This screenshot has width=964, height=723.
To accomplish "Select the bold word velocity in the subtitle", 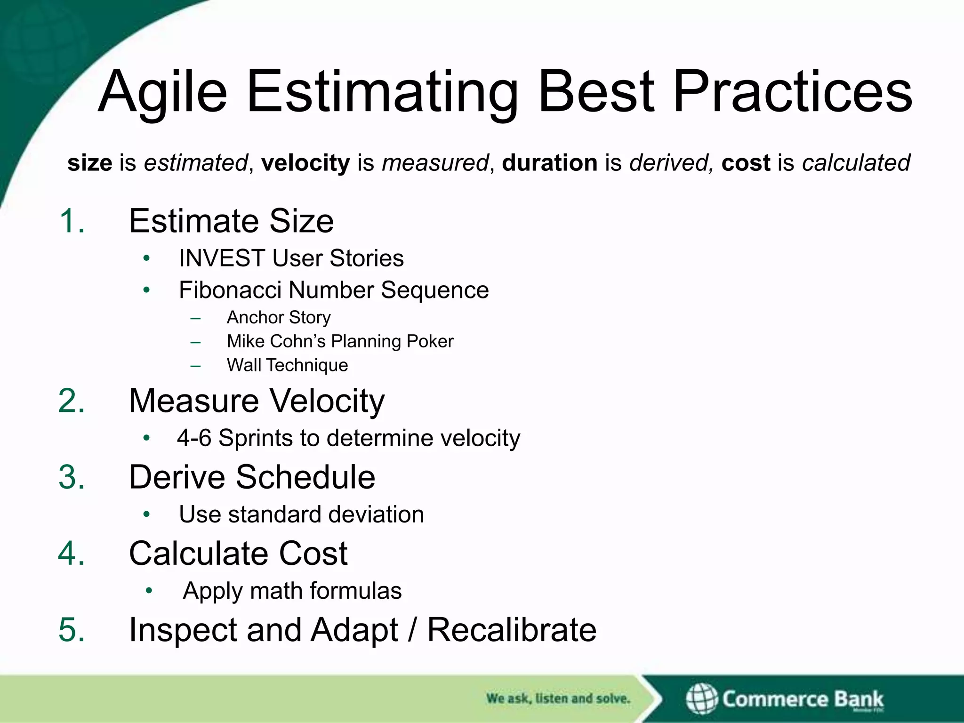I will pyautogui.click(x=305, y=163).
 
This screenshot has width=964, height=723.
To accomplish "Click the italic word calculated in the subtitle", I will pyautogui.click(x=856, y=163).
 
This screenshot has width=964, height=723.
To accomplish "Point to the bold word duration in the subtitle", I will pyautogui.click(x=549, y=163).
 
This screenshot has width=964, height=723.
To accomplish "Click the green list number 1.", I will pyautogui.click(x=72, y=221).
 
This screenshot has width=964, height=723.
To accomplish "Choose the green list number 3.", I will pyautogui.click(x=72, y=477).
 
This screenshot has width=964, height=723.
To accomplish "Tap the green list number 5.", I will pyautogui.click(x=72, y=630).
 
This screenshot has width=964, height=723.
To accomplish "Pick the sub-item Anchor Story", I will pyautogui.click(x=279, y=318).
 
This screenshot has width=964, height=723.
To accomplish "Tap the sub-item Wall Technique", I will pyautogui.click(x=287, y=365).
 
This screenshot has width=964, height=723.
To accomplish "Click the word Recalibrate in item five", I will pyautogui.click(x=512, y=630).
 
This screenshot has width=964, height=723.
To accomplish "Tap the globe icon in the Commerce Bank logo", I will pyautogui.click(x=701, y=699).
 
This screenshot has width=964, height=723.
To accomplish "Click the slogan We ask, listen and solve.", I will pyautogui.click(x=558, y=699).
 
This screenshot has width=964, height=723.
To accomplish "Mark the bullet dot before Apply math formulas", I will pyautogui.click(x=149, y=591).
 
